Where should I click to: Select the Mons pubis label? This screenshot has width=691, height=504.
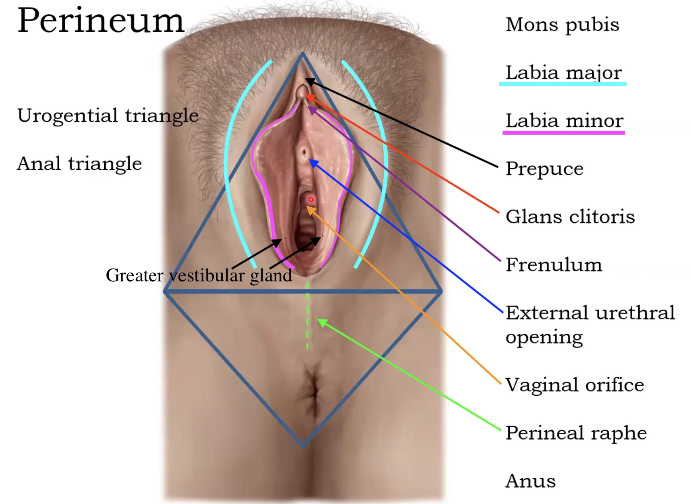tap(562, 25)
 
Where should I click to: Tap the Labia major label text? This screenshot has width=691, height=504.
tap(564, 73)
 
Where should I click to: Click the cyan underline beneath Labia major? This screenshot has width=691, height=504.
tap(563, 84)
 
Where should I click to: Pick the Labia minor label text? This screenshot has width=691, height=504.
tap(565, 121)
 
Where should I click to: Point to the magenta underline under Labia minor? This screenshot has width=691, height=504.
tap(564, 132)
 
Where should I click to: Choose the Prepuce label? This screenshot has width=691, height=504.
tap(544, 169)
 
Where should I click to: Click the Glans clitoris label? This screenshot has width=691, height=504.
tap(570, 217)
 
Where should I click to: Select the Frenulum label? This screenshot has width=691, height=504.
tap(554, 264)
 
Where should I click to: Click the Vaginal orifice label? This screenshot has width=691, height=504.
tap(575, 385)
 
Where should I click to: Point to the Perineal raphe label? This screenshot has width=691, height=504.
tap(576, 433)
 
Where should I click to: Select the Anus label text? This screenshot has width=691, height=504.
tap(531, 481)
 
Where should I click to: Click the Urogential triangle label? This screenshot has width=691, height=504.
tap(108, 116)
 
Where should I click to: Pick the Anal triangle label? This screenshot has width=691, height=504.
tap(79, 164)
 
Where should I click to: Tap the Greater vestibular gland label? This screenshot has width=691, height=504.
tap(199, 276)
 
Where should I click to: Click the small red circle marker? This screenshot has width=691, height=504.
tap(311, 199)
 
